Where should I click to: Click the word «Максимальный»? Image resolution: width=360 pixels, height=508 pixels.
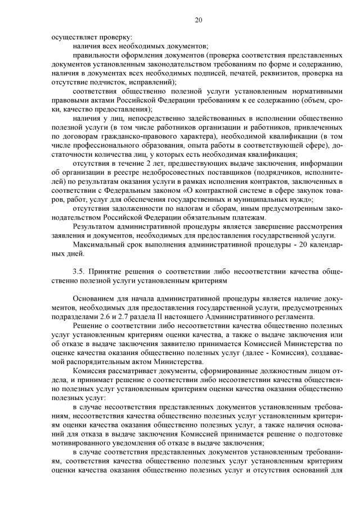(101, 244)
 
